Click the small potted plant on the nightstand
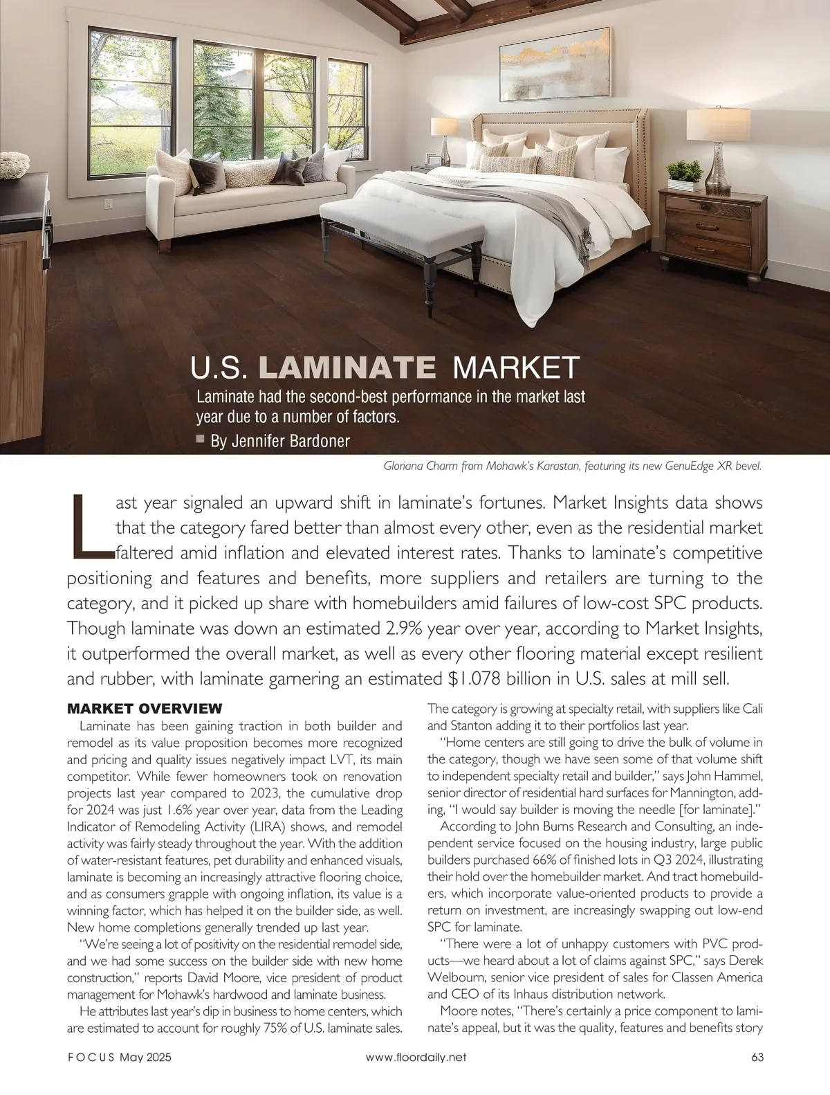(685, 181)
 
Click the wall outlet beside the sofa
(108, 203)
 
